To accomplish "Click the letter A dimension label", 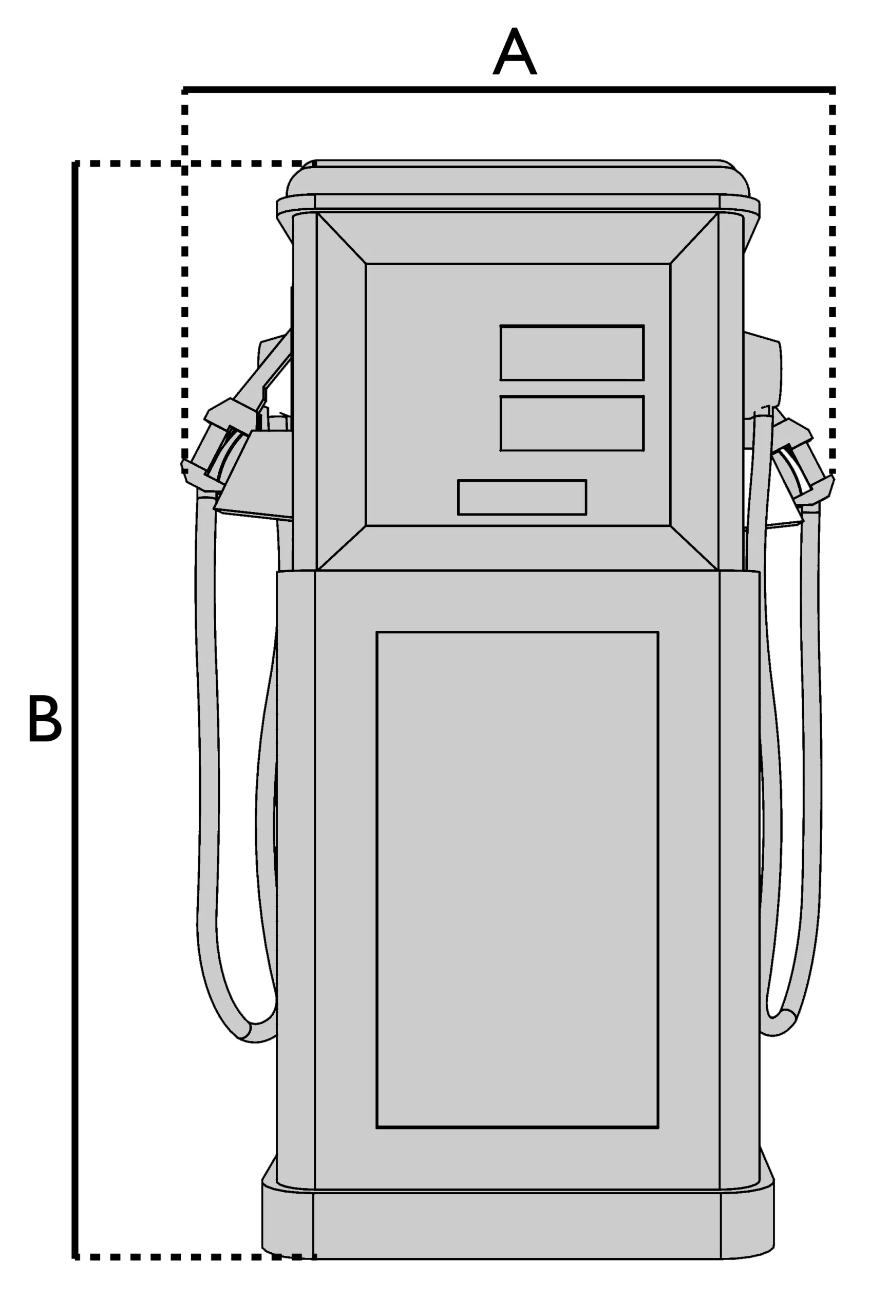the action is [514, 51].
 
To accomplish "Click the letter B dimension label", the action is [45, 718].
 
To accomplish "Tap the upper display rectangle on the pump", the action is [572, 352].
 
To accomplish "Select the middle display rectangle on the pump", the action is [572, 423].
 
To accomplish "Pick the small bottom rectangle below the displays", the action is [522, 497].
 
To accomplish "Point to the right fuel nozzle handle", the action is [801, 459].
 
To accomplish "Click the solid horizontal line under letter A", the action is [509, 89].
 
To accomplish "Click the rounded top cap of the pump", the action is [518, 178].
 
